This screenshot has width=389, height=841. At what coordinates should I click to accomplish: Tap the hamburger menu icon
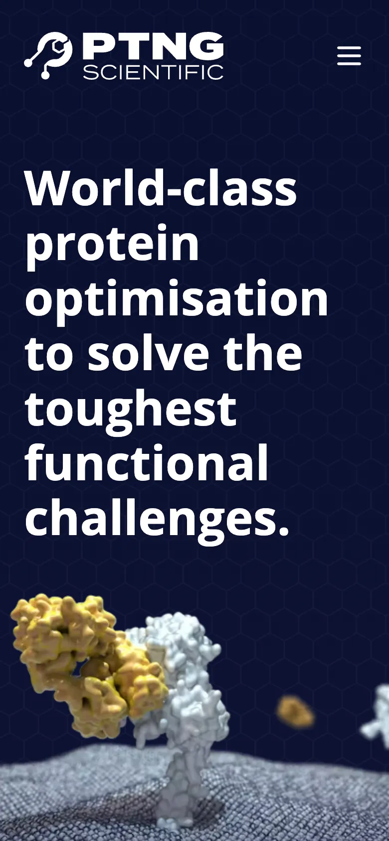tap(349, 56)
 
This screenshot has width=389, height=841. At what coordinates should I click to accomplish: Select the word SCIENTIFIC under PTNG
tap(153, 72)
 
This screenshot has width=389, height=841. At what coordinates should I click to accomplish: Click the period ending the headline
tap(283, 530)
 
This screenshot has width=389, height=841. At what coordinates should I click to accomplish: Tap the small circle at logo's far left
tap(28, 63)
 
